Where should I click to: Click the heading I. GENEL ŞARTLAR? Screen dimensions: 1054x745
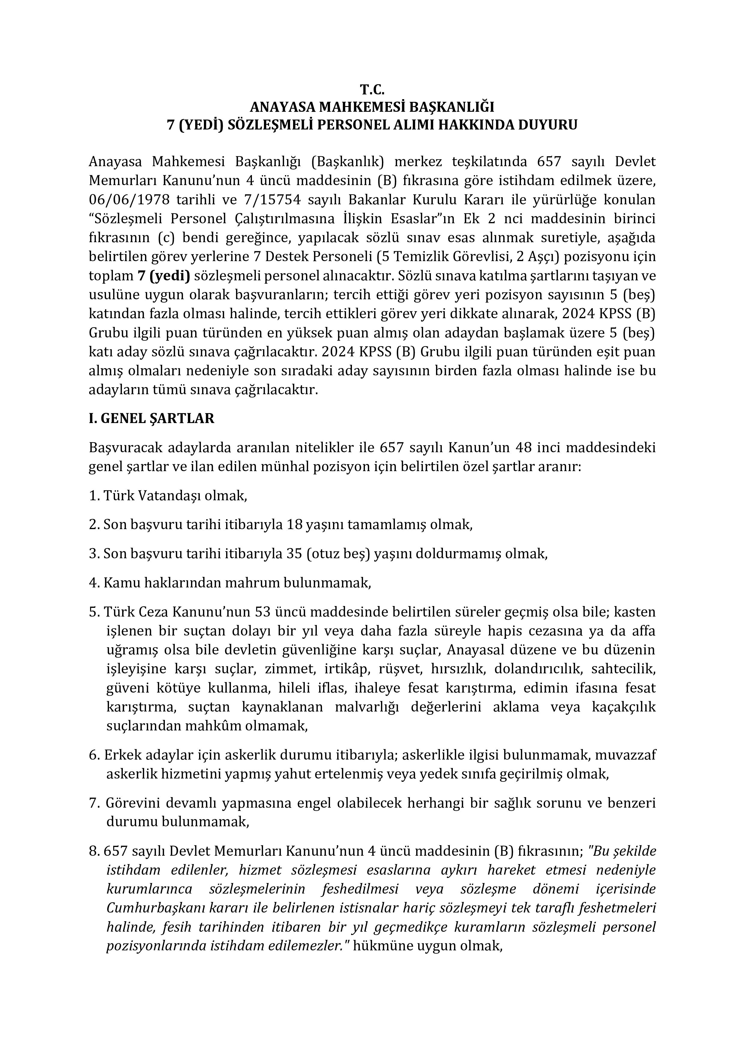151,419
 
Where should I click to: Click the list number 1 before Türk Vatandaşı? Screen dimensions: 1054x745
92,496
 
